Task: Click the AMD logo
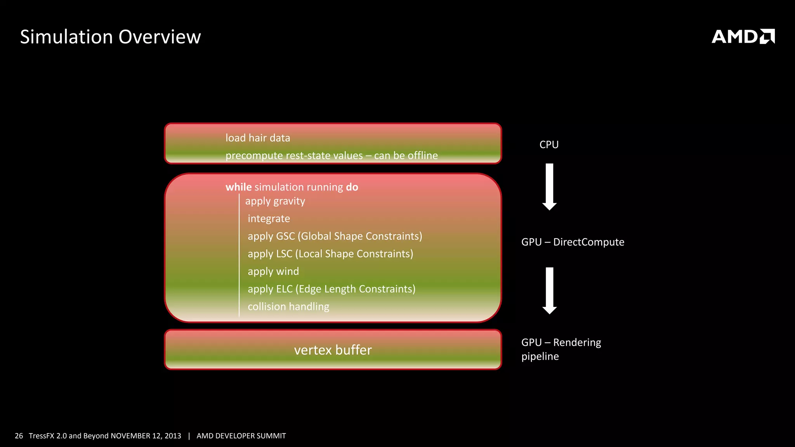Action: pyautogui.click(x=743, y=36)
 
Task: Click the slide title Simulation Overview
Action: pyautogui.click(x=110, y=37)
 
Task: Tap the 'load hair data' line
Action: pyautogui.click(x=258, y=138)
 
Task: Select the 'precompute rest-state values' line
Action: pyautogui.click(x=331, y=156)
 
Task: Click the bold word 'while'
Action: pyautogui.click(x=238, y=187)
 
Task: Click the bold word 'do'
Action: pyautogui.click(x=352, y=187)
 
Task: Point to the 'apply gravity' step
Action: pyautogui.click(x=275, y=201)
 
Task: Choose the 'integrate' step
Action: pyautogui.click(x=269, y=219)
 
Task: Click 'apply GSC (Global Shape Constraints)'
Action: pyautogui.click(x=335, y=236)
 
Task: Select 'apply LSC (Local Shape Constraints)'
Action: pyautogui.click(x=330, y=254)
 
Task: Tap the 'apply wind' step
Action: pyautogui.click(x=273, y=272)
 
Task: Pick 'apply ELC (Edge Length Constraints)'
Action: pyautogui.click(x=332, y=289)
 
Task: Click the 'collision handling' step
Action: pyautogui.click(x=288, y=307)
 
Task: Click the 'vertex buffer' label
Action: pyautogui.click(x=333, y=350)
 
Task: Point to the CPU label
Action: pyautogui.click(x=549, y=145)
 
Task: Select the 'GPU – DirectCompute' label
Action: pyautogui.click(x=573, y=242)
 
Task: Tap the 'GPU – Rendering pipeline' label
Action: pyautogui.click(x=561, y=349)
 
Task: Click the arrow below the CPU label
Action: pyautogui.click(x=549, y=187)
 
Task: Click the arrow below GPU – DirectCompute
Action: pyautogui.click(x=549, y=291)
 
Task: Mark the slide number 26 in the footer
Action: pyautogui.click(x=19, y=436)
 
